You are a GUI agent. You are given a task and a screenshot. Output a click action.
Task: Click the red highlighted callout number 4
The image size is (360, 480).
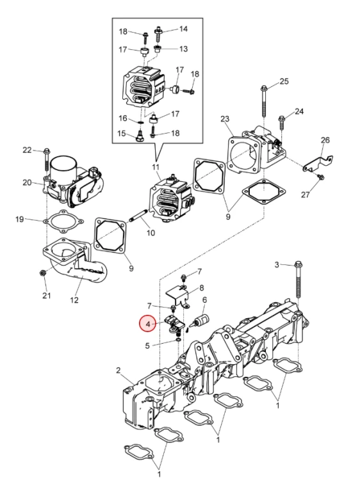(x=148, y=324)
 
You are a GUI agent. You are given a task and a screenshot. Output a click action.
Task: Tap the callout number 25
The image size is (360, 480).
(x=284, y=81)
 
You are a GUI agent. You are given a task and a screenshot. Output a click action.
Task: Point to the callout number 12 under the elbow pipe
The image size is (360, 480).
(x=74, y=300)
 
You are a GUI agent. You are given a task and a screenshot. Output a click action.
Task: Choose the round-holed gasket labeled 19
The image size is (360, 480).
(x=63, y=221)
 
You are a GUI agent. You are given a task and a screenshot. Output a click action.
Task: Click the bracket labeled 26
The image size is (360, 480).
(x=318, y=163)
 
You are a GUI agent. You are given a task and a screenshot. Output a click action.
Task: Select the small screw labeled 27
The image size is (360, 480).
(x=321, y=177)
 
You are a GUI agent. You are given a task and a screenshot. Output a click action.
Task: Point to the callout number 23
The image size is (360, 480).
(x=225, y=118)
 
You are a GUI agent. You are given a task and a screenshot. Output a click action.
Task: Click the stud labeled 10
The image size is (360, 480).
(x=140, y=215)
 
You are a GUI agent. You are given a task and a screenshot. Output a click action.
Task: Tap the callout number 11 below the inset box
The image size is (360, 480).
(x=156, y=167)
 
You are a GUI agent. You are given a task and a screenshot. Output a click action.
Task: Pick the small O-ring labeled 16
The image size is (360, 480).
(x=140, y=122)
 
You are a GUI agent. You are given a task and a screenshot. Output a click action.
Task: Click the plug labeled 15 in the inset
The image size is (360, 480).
(x=140, y=136)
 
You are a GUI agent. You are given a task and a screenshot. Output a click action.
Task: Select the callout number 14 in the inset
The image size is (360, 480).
(x=183, y=29)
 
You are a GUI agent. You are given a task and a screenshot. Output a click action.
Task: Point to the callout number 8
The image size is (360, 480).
(x=201, y=288)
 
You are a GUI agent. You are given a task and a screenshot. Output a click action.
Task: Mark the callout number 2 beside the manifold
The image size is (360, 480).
(x=119, y=371)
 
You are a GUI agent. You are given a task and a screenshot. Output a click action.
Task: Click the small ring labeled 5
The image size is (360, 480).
(x=177, y=340)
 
